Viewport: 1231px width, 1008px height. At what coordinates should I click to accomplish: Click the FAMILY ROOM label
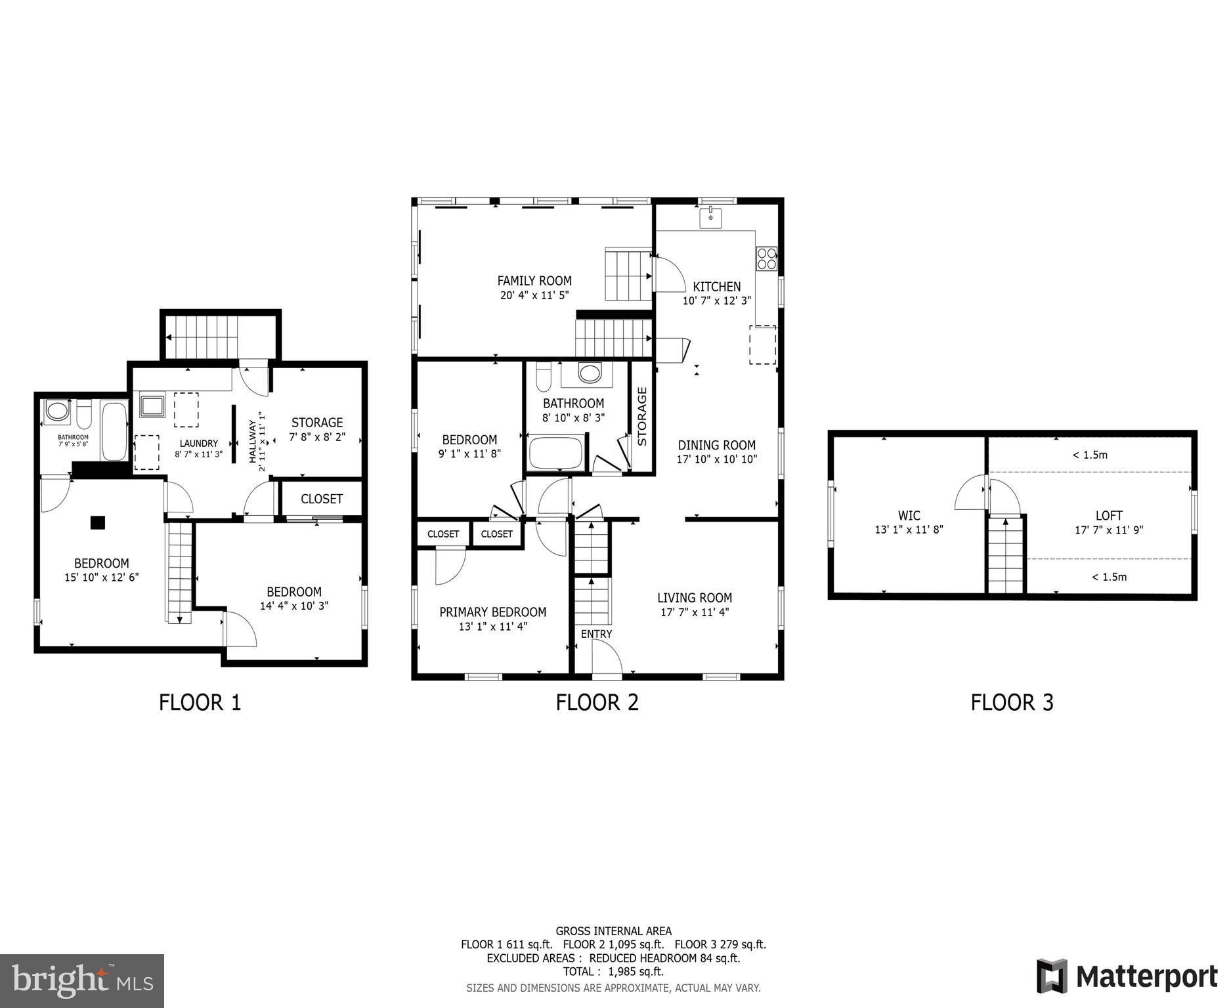point(534,281)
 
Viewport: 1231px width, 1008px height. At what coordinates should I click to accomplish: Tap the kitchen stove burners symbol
point(766,259)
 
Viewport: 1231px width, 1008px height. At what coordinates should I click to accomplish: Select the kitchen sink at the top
point(711,217)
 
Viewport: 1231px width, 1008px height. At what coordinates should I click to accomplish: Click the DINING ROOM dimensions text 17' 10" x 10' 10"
point(717,459)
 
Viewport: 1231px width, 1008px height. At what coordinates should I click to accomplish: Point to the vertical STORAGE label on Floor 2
point(642,417)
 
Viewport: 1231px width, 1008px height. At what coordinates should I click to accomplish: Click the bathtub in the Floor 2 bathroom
point(556,453)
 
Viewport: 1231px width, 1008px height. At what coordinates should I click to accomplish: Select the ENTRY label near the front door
point(596,634)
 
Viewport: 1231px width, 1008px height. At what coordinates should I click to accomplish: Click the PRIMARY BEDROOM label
point(492,612)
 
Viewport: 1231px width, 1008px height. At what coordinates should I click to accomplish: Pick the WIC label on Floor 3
point(909,516)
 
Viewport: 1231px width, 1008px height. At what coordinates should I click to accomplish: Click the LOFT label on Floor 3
point(1108,516)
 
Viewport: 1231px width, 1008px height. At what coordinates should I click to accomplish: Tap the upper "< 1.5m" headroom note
point(1090,455)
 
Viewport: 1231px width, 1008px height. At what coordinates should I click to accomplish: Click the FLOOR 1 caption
point(200,702)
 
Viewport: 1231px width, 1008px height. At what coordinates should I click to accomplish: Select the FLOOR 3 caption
point(1012,702)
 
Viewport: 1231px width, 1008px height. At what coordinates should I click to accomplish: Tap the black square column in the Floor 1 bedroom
point(97,522)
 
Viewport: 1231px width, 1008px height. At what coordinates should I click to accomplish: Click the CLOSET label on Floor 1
point(322,499)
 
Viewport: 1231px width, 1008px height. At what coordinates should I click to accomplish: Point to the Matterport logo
point(1127,976)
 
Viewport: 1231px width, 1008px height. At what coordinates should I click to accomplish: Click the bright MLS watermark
point(82,980)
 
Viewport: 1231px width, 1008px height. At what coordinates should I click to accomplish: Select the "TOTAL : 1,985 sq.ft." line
point(613,971)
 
